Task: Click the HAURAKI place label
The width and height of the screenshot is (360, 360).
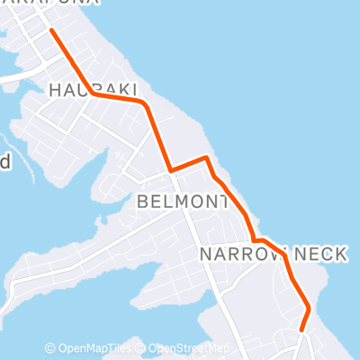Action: tap(94, 88)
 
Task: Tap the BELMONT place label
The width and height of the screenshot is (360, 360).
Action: tap(182, 202)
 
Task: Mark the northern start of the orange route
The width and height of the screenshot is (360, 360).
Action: tap(50, 30)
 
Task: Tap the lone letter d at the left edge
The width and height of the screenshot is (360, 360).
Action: tap(4, 163)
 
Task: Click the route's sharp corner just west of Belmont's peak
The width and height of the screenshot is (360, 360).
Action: tap(170, 169)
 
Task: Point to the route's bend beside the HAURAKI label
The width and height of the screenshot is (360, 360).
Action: tap(91, 93)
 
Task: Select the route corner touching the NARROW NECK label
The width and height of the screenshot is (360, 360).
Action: tap(256, 240)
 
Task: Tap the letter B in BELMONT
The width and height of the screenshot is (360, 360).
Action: tap(144, 202)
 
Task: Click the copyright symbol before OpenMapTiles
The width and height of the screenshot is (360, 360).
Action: tap(50, 348)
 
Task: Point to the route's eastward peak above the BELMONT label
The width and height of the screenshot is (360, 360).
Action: tap(207, 158)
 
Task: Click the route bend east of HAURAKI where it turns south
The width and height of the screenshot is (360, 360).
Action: tap(142, 103)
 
